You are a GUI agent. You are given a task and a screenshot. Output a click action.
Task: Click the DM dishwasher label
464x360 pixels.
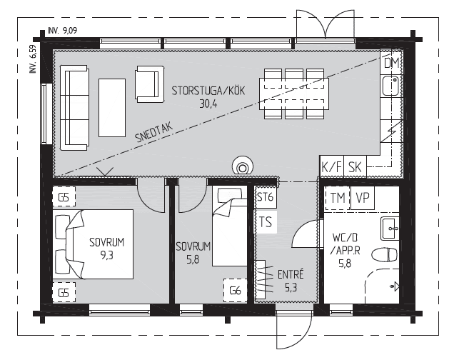pos(391,63)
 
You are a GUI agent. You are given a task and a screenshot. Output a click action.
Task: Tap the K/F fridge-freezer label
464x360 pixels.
pos(331,167)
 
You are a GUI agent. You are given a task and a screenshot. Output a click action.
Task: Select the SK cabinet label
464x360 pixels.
pos(355,167)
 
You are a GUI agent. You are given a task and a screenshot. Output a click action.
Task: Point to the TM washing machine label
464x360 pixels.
pos(338,198)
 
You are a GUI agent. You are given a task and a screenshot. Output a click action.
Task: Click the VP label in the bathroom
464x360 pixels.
pos(363,197)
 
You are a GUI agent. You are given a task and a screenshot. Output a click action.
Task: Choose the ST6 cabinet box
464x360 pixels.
pos(266,197)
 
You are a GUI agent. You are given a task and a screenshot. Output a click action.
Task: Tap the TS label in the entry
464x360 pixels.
pos(266,221)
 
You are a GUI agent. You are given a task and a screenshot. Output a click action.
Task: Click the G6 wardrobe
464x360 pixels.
pos(235,291)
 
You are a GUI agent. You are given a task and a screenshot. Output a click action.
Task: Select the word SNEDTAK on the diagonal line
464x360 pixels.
pos(153,133)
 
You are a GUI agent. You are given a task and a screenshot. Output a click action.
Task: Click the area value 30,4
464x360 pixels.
pos(208,104)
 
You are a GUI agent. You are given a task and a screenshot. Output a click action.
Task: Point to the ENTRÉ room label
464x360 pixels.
pos(291,274)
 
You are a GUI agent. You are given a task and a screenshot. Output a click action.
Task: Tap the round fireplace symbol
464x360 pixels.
pos(243,166)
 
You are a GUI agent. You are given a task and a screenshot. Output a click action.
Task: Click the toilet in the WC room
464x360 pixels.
pos(384,255)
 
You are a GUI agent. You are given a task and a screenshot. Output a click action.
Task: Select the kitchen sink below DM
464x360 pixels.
pos(390,86)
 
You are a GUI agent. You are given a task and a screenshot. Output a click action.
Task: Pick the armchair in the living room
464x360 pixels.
pos(149,84)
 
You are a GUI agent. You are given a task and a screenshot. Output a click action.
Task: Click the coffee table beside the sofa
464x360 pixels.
pos(112,108)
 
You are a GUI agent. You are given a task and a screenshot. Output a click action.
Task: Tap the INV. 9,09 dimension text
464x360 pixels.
pos(62,31)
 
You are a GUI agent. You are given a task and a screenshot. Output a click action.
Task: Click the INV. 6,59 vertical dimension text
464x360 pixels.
pos(33,59)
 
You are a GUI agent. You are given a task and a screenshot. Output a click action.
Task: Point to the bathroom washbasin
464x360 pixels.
pos(390,229)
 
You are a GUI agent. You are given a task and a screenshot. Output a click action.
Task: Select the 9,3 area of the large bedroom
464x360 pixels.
pos(107,255)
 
